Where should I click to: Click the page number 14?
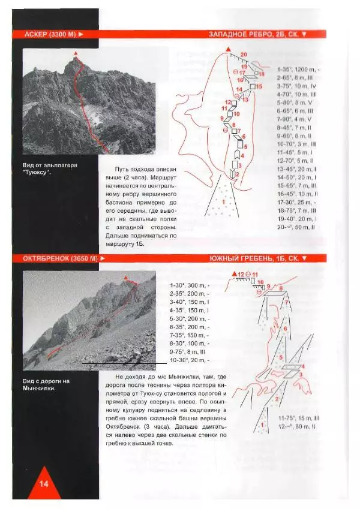43,484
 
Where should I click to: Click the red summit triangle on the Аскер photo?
76,54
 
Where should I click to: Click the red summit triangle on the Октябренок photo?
125,278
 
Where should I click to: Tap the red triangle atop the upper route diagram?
228,49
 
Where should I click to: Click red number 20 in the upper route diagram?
244,55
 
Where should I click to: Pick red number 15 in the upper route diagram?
259,87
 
